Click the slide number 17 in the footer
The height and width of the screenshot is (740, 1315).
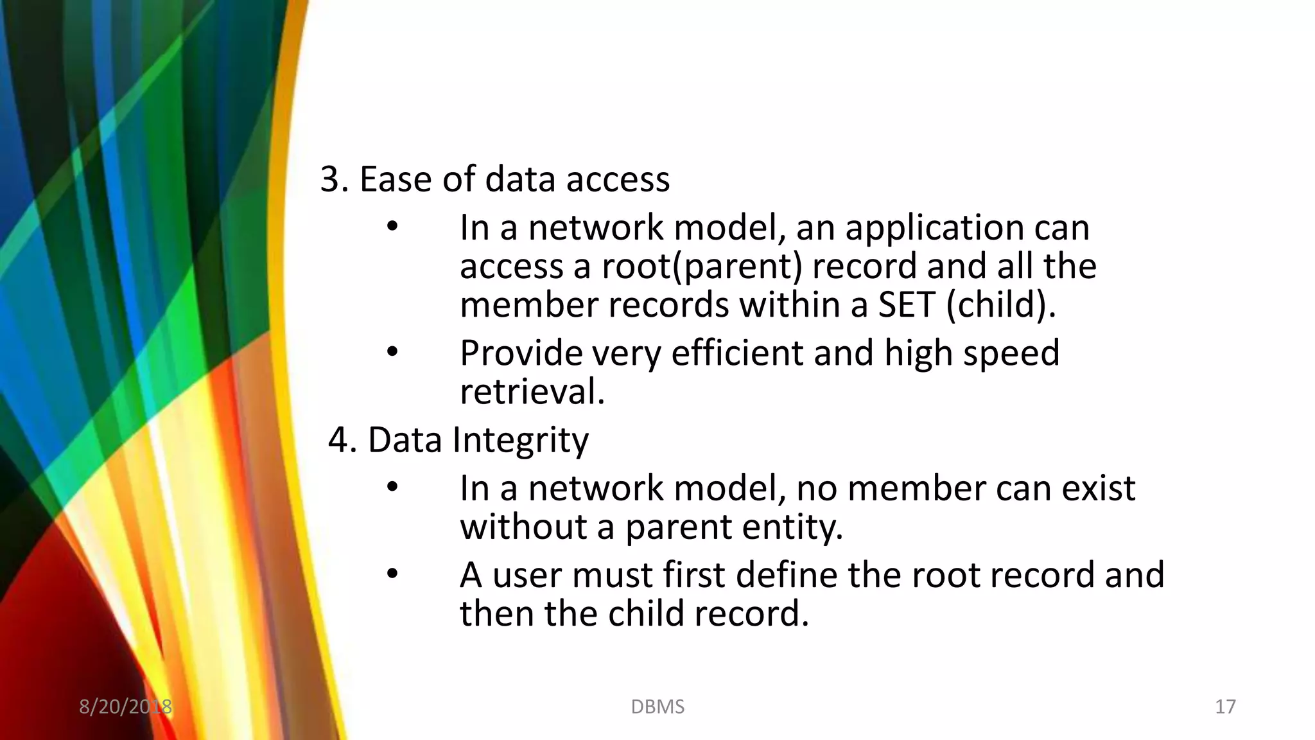pyautogui.click(x=1225, y=707)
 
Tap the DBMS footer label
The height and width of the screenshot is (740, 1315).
pyautogui.click(x=657, y=707)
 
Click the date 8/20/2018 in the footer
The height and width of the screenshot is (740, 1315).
pyautogui.click(x=125, y=707)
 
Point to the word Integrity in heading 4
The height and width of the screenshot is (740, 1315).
pyautogui.click(x=520, y=440)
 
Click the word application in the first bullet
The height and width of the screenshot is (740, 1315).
pyautogui.click(x=934, y=228)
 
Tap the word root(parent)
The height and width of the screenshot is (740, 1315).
pyautogui.click(x=702, y=267)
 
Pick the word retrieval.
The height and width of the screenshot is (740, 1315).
pyautogui.click(x=532, y=391)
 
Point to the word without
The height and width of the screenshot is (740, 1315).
pyautogui.click(x=523, y=527)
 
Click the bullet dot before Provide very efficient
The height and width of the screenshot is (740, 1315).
pyautogui.click(x=392, y=352)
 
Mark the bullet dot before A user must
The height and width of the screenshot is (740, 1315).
pyautogui.click(x=392, y=574)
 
